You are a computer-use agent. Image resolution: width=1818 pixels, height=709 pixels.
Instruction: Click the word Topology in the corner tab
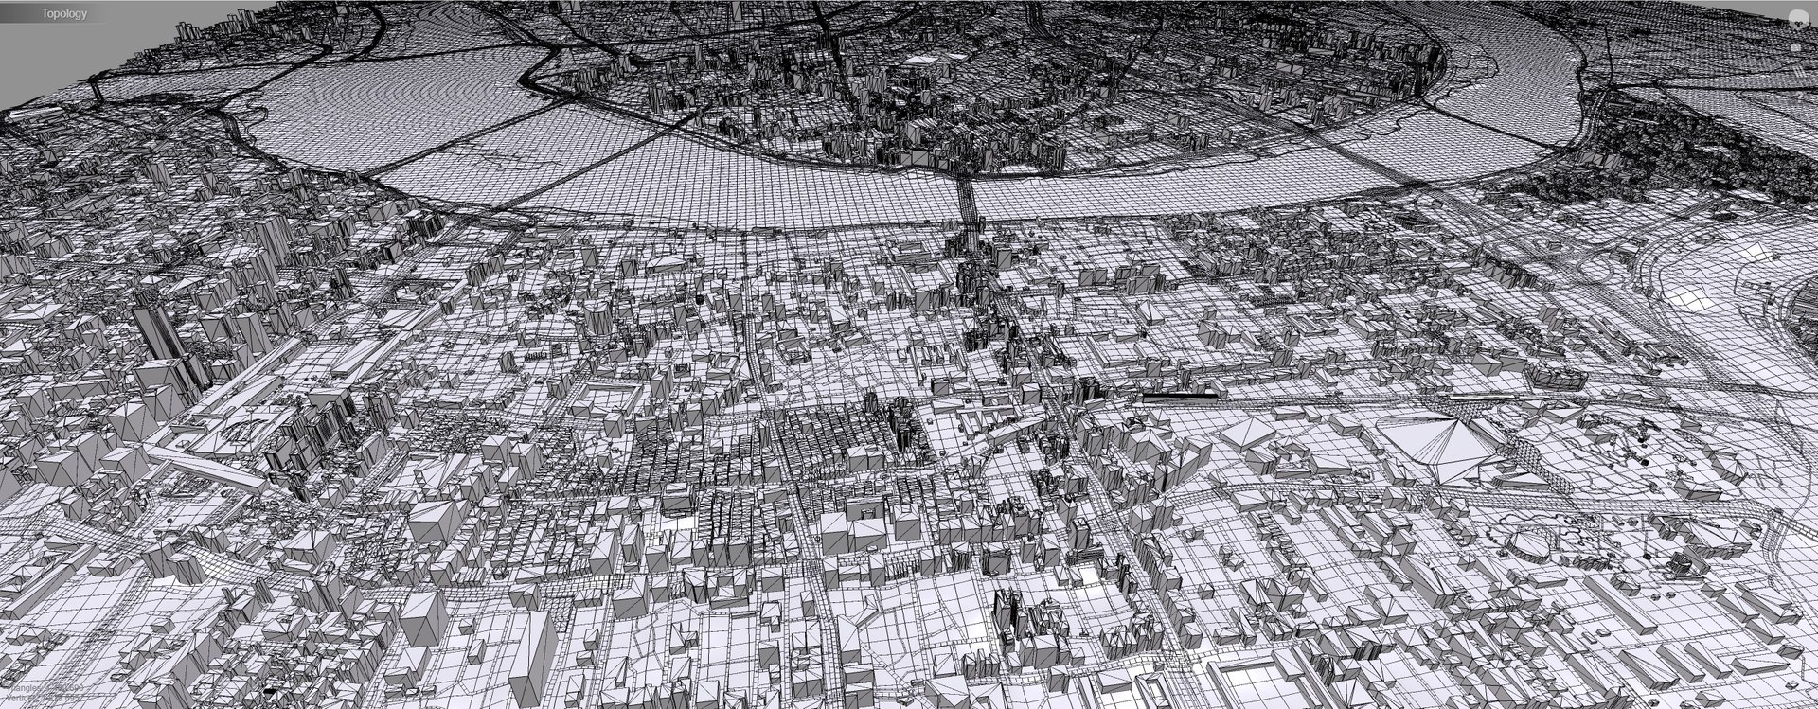[x=64, y=13]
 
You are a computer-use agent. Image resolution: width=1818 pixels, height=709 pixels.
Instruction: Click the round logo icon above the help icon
[x=1795, y=17]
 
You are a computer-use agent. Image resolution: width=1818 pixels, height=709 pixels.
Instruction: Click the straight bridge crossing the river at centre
[x=967, y=204]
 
